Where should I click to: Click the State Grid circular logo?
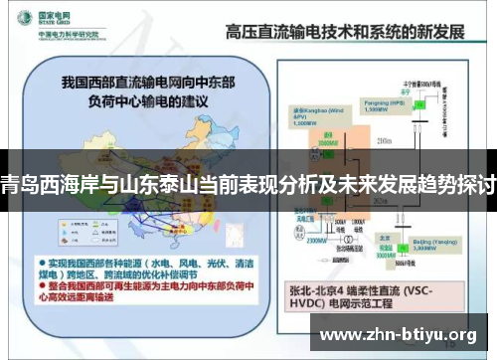click(20, 20)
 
